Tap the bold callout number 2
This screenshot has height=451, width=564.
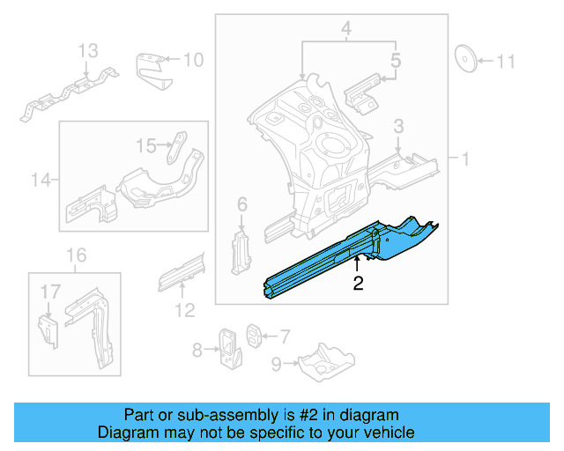358,283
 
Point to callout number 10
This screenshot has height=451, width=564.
192,60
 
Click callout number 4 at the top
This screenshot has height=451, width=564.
346,28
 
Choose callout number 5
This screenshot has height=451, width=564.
396,61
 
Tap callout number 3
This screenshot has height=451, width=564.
398,129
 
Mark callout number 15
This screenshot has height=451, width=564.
145,145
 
